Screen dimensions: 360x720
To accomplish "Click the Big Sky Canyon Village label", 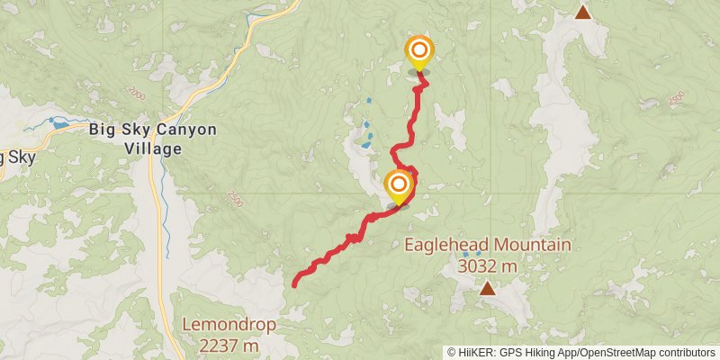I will (153, 139).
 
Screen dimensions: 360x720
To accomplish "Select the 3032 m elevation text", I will (488, 265).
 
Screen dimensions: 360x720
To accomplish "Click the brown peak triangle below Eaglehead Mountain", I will (488, 288).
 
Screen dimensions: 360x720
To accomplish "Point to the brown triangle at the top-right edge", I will (583, 12).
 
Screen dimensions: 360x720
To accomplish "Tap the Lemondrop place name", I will (229, 324).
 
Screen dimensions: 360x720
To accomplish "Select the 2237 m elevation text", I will (229, 345).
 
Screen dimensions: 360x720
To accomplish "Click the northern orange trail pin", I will (418, 52).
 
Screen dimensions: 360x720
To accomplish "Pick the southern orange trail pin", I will (398, 186).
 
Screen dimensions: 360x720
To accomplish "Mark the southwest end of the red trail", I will (295, 285).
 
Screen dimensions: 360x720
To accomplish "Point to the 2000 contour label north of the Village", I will (136, 93).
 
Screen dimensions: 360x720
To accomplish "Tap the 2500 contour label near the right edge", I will (678, 95).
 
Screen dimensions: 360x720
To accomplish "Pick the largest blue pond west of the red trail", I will (365, 142).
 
